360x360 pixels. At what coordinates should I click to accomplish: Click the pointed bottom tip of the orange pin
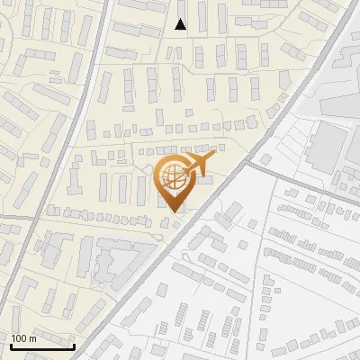point(174,212)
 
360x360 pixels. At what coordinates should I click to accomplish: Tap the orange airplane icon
point(199,163)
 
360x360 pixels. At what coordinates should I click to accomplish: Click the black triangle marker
point(181,24)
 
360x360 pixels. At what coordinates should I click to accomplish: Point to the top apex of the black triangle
point(181,19)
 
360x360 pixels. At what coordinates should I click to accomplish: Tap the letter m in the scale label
point(32,338)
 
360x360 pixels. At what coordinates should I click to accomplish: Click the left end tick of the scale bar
point(12,345)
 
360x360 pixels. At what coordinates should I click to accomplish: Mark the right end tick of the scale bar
point(74,345)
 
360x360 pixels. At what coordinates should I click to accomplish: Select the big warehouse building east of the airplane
point(330,143)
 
